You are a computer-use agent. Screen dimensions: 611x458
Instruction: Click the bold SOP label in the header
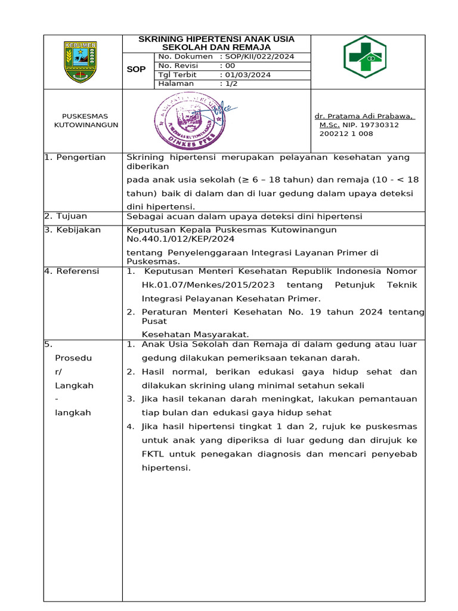137,70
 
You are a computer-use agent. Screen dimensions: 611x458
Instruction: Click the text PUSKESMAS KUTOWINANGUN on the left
85,121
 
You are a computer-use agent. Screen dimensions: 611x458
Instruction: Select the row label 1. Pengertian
75,158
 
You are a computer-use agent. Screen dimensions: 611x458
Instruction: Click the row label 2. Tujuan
66,216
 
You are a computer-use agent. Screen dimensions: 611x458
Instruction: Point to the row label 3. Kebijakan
73,230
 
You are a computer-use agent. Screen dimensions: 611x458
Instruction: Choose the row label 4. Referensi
72,271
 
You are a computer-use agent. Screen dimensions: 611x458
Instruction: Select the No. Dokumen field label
185,57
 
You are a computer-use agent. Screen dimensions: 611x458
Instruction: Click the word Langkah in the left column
73,385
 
